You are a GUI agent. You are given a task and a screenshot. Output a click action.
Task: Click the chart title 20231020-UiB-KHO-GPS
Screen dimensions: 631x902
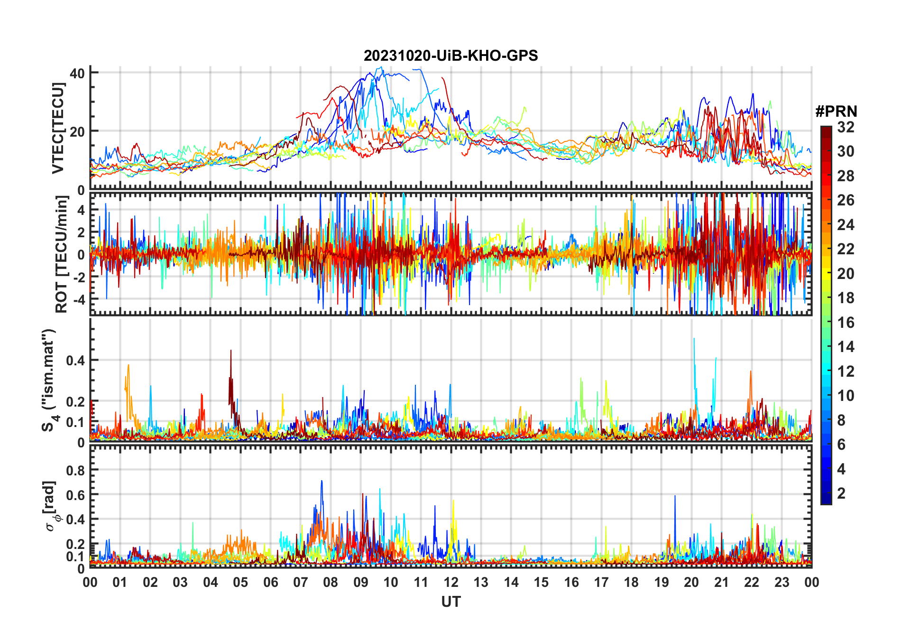tap(451, 56)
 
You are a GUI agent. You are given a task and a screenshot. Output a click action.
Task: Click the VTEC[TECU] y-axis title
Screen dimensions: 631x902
tap(58, 128)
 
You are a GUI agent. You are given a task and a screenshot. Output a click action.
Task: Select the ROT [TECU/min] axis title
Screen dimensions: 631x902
tap(62, 254)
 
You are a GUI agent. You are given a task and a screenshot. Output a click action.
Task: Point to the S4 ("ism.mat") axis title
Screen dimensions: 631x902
tap(49, 380)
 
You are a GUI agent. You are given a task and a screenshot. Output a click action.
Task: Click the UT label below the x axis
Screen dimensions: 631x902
tap(451, 602)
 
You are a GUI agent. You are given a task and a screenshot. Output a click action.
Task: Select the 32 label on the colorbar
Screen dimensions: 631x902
tap(846, 127)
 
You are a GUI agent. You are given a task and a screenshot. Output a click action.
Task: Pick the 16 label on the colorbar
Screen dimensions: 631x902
tap(846, 323)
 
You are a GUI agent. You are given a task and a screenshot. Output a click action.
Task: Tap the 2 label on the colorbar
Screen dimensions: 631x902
tap(841, 493)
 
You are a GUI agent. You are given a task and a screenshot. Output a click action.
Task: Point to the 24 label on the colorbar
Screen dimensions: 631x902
tap(846, 225)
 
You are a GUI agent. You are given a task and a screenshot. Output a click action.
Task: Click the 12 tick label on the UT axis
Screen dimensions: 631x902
tap(451, 582)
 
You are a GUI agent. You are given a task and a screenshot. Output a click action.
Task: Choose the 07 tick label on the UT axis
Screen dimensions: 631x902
tap(301, 582)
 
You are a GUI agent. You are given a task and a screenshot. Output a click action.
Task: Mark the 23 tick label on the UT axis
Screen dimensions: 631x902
tap(782, 582)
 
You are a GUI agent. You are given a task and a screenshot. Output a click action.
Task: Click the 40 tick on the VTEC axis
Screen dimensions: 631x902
tap(77, 73)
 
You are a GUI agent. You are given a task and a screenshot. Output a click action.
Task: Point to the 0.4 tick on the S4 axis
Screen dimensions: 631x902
tap(75, 361)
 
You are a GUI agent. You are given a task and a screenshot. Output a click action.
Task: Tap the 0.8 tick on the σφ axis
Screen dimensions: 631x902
tap(75, 470)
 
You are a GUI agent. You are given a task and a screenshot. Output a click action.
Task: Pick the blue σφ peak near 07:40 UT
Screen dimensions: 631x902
tap(322, 482)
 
